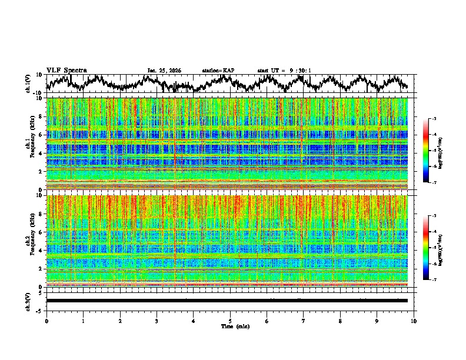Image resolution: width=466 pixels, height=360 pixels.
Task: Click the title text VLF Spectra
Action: tap(66, 70)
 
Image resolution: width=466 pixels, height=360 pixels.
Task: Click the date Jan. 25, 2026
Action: tap(164, 71)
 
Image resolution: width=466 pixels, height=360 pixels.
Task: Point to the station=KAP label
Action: tap(218, 71)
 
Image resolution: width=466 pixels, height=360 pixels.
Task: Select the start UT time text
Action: tap(284, 71)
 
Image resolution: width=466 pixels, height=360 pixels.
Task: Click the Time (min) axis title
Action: tap(230, 326)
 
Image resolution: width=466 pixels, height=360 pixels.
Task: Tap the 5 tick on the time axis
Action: tap(230, 320)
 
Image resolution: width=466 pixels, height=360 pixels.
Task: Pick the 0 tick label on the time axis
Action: tap(46, 320)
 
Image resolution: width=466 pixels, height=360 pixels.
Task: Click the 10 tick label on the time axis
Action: tap(414, 320)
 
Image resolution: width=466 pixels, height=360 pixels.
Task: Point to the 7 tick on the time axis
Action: tap(304, 320)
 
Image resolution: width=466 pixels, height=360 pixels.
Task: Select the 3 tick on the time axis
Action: tap(157, 320)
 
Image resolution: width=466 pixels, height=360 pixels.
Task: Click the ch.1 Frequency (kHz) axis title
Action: tap(29, 144)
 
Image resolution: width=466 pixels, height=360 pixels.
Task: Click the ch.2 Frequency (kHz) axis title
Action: tap(29, 241)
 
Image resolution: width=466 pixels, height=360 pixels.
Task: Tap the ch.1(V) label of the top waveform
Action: tap(29, 84)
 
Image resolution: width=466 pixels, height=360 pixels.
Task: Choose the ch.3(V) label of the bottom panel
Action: tap(29, 300)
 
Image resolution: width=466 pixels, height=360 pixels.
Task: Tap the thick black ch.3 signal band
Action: tap(227, 301)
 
